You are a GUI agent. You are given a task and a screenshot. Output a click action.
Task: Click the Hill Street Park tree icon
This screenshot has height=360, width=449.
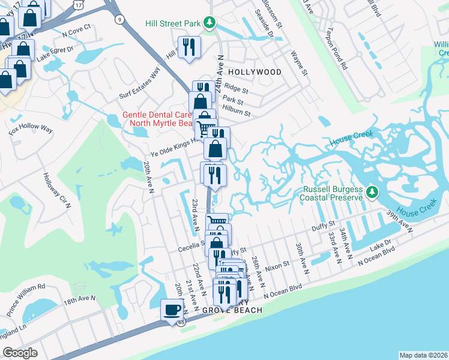tap(209, 23)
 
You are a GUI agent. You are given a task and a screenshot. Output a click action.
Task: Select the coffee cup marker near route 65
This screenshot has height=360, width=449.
tap(172, 310)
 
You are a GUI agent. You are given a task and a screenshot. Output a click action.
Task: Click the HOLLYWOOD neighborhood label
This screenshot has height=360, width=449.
tap(255, 72)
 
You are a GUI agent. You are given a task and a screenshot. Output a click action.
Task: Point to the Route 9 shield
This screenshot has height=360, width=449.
tap(120, 20)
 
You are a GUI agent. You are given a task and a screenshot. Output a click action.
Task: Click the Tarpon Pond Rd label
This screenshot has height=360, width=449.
tap(336, 49)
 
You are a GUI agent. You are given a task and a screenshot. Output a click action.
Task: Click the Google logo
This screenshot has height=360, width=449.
tap(20, 352)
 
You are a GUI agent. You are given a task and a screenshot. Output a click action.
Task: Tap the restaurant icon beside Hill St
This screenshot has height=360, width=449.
tap(189, 47)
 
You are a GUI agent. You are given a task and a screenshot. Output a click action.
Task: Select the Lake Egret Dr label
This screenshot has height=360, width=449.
tap(54, 54)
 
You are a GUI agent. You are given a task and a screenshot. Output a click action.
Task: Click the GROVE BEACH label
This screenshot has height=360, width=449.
tap(232, 310)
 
